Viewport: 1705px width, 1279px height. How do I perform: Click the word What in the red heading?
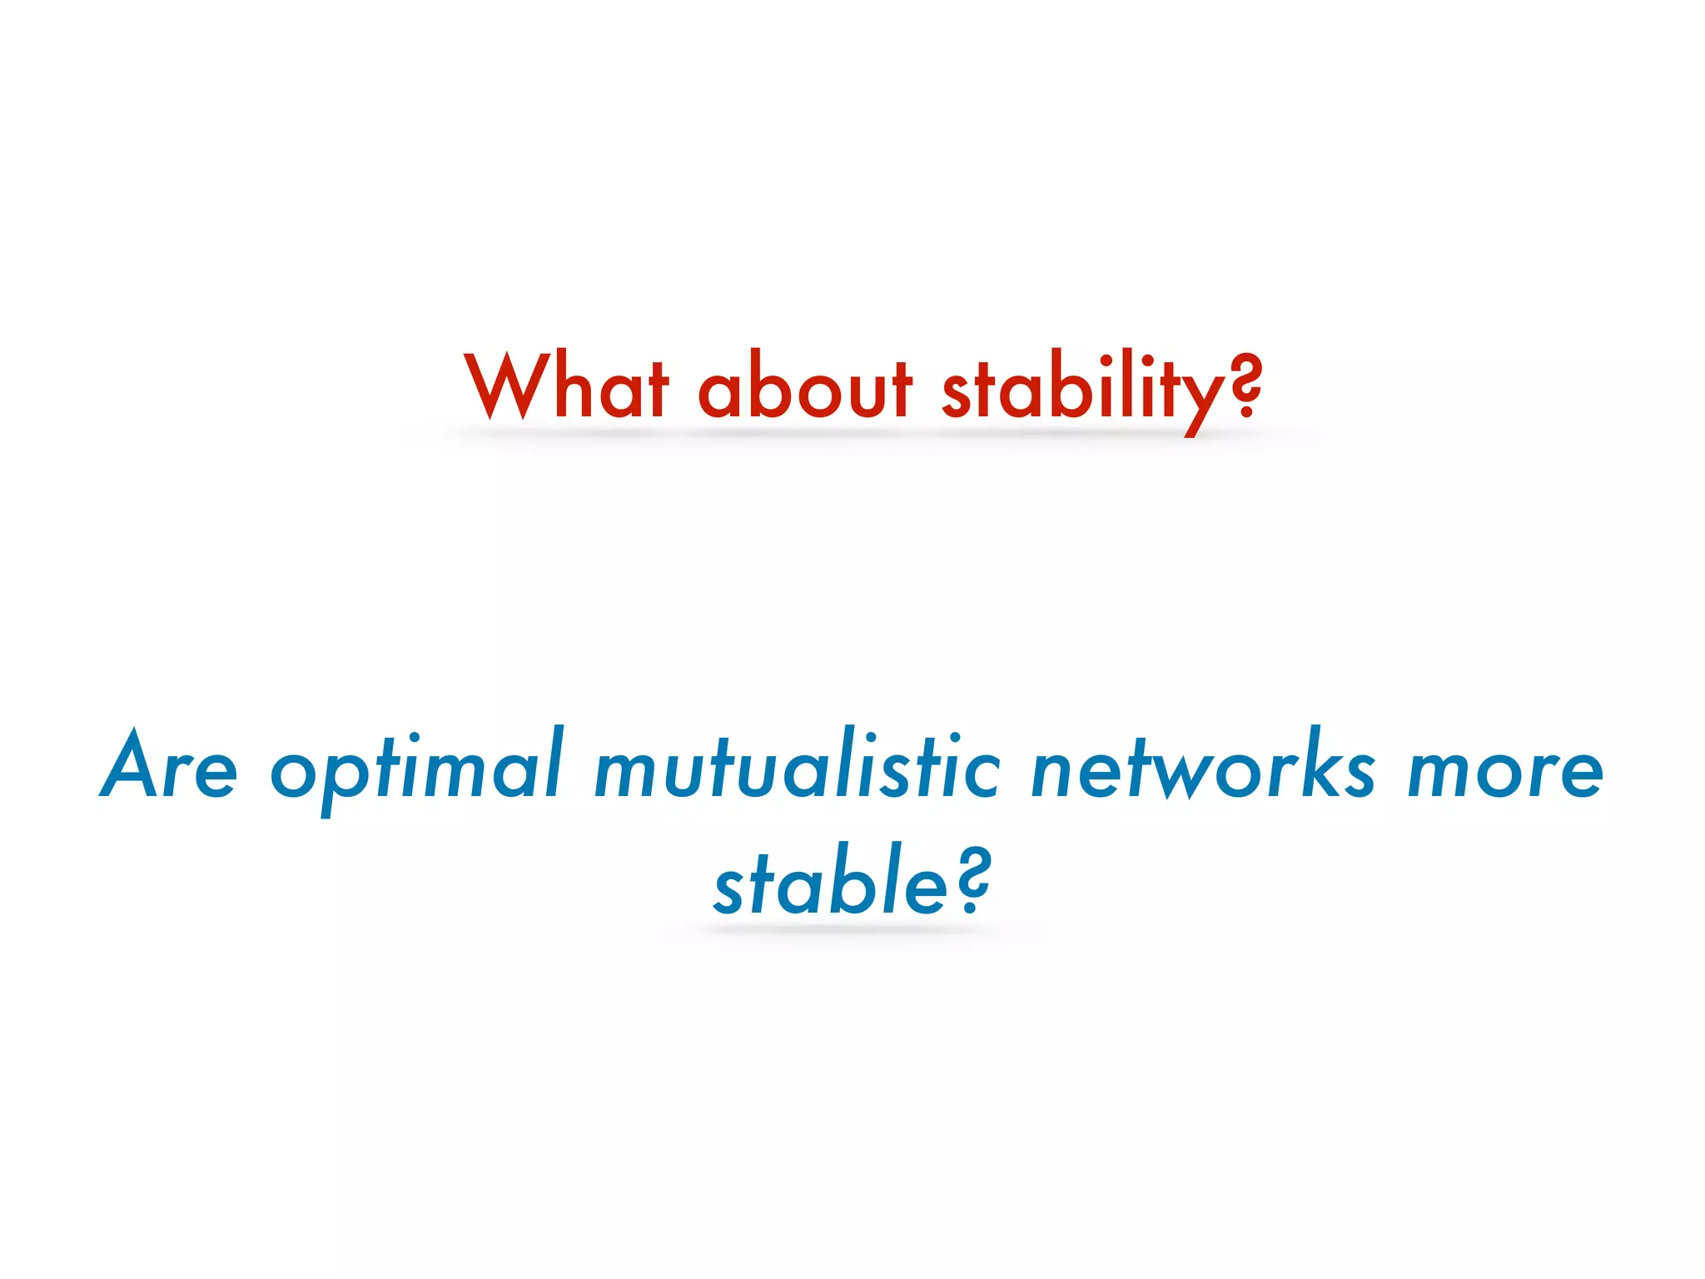click(567, 386)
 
